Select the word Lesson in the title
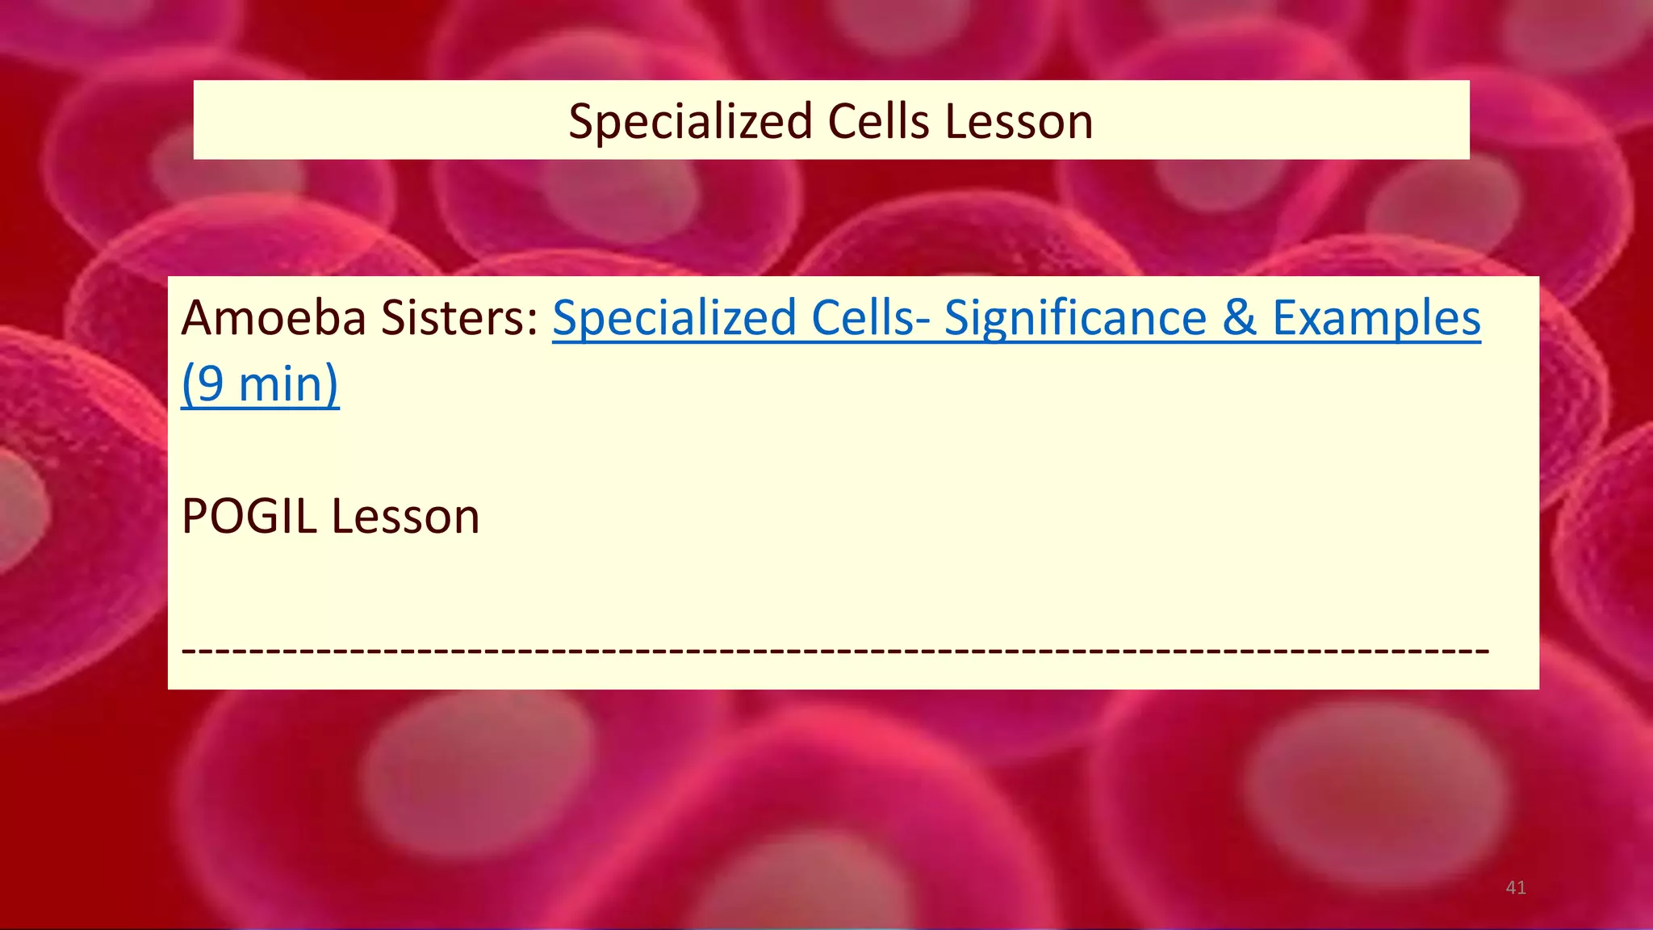(1019, 123)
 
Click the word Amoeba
(274, 318)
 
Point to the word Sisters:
(459, 318)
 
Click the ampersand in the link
(1240, 318)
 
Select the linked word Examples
(1377, 318)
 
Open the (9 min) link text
(260, 384)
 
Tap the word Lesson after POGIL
(405, 517)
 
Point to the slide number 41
(1516, 888)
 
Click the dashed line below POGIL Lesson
(835, 649)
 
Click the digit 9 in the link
(210, 384)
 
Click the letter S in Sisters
(394, 318)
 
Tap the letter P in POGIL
(194, 517)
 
